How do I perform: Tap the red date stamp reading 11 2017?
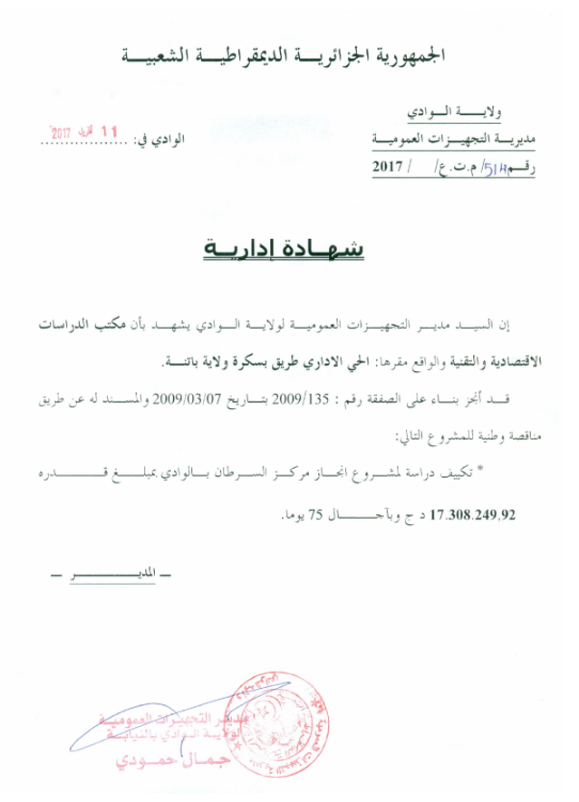tap(85, 132)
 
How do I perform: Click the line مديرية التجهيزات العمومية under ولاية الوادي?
tap(454, 140)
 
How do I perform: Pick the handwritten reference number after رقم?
tap(495, 166)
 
